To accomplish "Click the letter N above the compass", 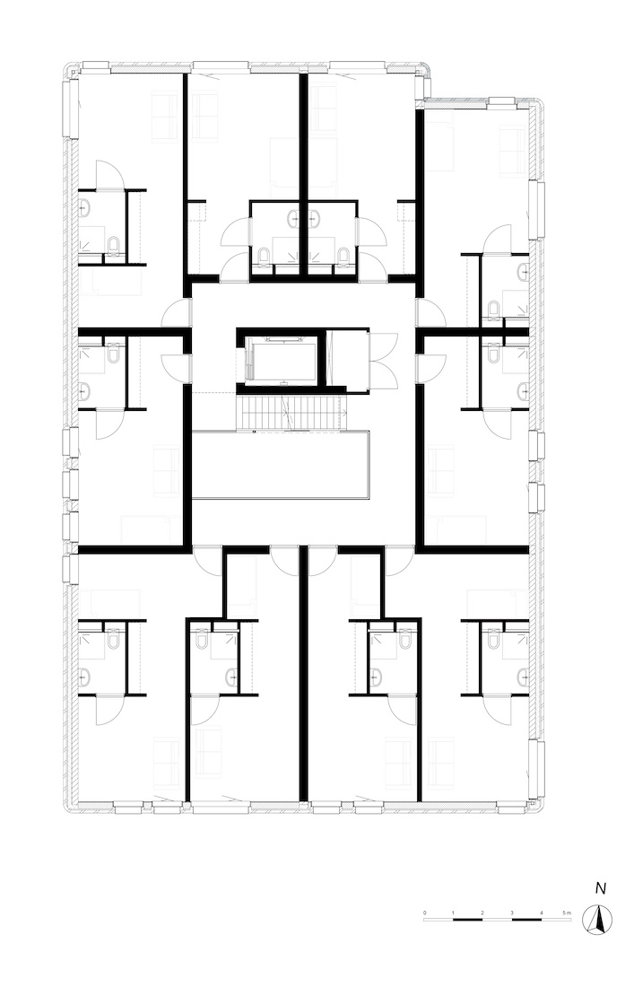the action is pos(601,889).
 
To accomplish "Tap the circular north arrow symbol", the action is pos(597,920).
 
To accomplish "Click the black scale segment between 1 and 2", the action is pos(468,920).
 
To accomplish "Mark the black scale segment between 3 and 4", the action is pos(526,920).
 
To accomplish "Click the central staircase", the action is pos(291,412).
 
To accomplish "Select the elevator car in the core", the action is pos(281,358).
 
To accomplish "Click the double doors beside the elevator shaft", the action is pos(384,360).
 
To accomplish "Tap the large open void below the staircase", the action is pos(281,465).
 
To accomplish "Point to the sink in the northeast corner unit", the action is pos(524,272).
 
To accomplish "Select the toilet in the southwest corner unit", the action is pos(113,640).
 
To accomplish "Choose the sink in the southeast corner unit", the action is pos(524,677).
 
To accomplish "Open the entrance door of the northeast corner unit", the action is pos(430,313).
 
